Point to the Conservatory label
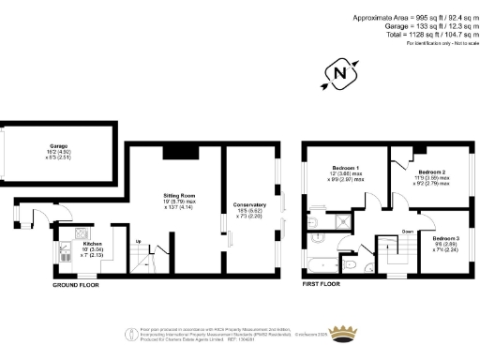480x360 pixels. pos(249,208)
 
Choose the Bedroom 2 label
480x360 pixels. pos(430,172)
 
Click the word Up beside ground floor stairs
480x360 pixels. pos(140,241)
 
